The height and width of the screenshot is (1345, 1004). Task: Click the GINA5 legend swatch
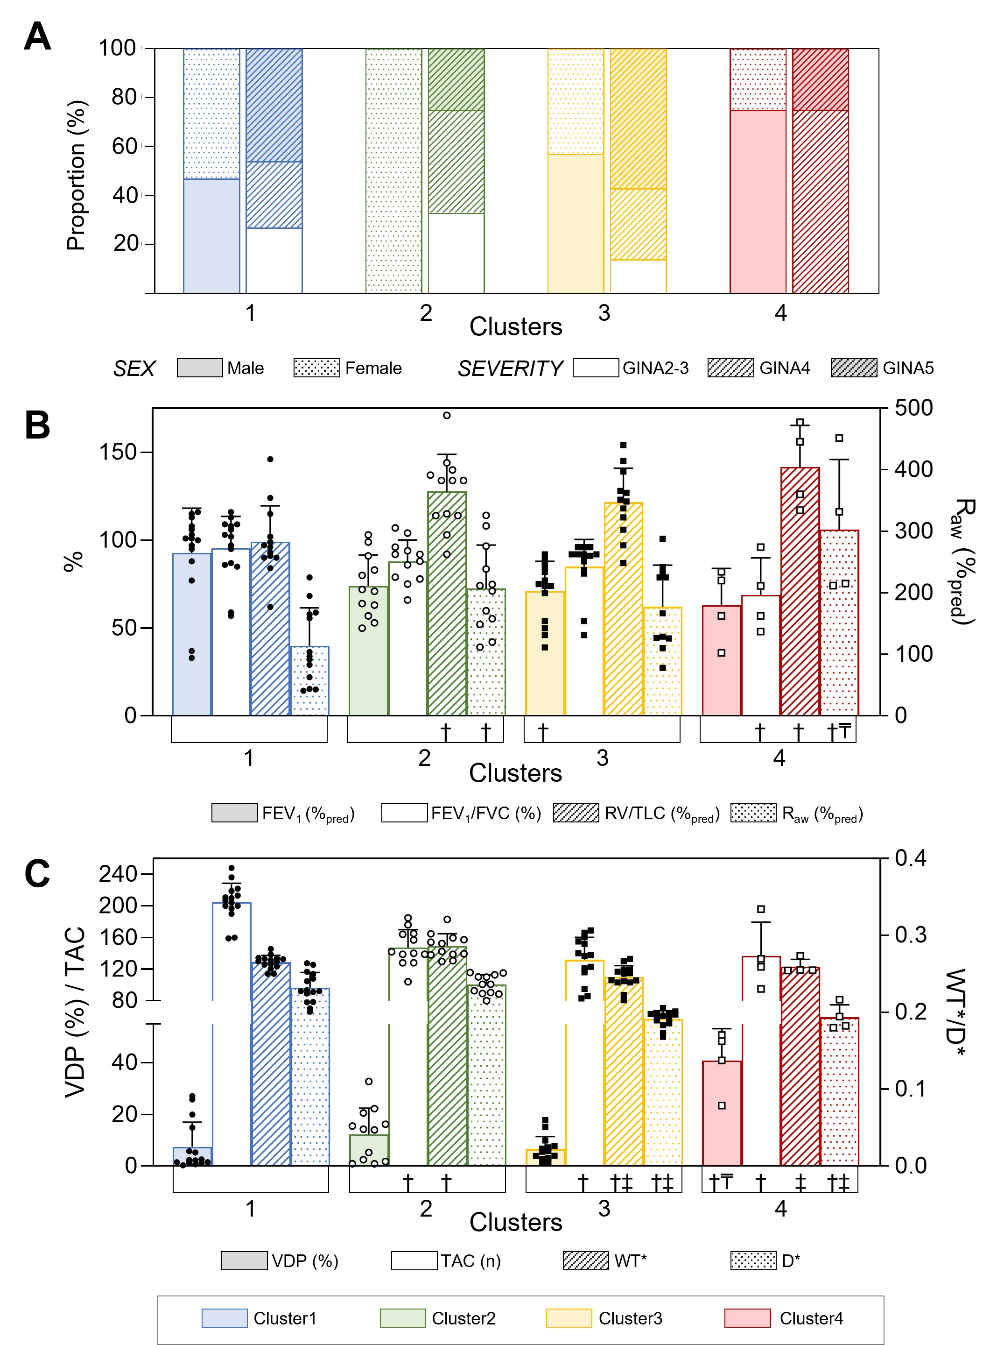tap(854, 368)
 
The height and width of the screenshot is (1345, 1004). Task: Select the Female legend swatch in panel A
tap(316, 368)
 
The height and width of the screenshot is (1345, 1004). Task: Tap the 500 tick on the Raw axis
tap(913, 408)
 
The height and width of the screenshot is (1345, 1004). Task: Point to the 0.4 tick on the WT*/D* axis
tap(910, 858)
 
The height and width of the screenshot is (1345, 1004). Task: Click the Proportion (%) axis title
tap(77, 175)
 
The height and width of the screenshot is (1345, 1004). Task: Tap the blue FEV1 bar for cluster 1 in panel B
tap(192, 634)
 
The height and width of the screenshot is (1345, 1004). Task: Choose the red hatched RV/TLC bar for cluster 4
tap(800, 591)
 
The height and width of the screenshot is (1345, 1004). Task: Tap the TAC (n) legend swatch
tap(414, 1260)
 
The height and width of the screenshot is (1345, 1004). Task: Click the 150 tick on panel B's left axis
tap(118, 453)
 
